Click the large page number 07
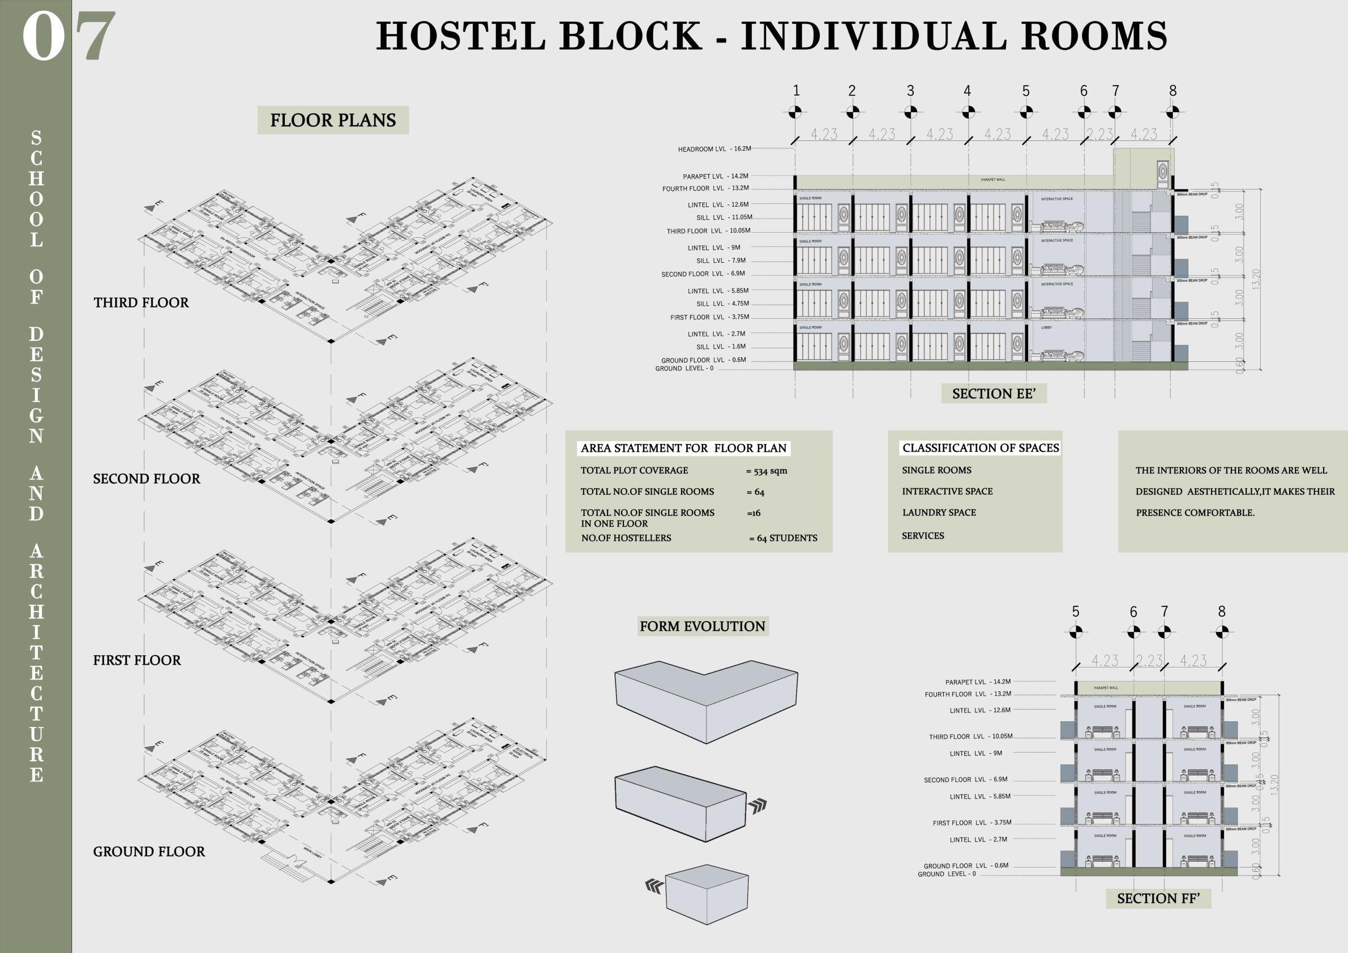pos(68,36)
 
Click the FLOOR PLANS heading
pos(333,121)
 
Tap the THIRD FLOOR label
pos(141,302)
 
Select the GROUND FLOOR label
pos(149,852)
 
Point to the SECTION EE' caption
pos(994,394)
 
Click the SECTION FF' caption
pos(1158,899)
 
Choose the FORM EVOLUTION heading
pos(702,626)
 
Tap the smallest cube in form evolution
pos(707,893)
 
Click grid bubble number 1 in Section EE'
pos(795,112)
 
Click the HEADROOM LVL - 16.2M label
pos(714,149)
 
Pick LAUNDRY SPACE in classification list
pos(939,512)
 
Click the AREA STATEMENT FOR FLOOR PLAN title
pos(683,448)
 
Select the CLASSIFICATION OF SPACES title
pos(981,448)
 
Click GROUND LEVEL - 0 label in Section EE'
pos(684,369)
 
